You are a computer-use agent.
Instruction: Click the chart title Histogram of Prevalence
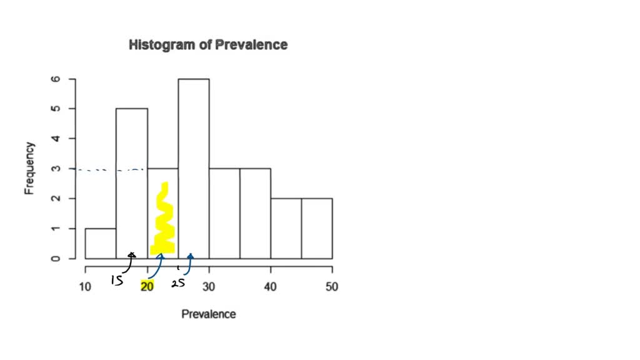(207, 45)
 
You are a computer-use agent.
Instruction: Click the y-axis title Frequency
(29, 169)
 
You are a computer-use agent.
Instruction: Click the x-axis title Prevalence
(209, 314)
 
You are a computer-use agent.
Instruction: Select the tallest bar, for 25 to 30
(194, 169)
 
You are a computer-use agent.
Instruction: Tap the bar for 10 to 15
(101, 243)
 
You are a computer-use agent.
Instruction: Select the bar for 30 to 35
(224, 213)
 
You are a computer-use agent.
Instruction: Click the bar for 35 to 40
(255, 213)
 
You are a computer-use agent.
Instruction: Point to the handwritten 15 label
(117, 281)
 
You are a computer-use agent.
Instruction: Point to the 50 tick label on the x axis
(332, 286)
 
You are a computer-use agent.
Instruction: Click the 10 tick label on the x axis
(85, 286)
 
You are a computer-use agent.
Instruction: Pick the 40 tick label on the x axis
(271, 286)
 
